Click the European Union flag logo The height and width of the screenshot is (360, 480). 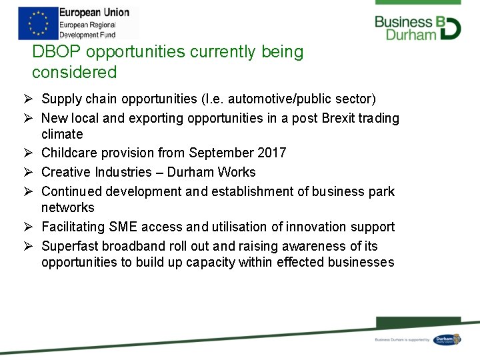pyautogui.click(x=37, y=23)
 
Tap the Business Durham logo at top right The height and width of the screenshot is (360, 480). pyautogui.click(x=417, y=27)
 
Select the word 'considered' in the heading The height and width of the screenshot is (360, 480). pyautogui.click(x=74, y=73)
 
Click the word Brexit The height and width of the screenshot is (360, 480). pyautogui.click(x=341, y=119)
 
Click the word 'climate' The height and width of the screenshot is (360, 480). pyautogui.click(x=62, y=135)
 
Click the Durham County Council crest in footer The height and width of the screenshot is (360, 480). pyautogui.click(x=447, y=339)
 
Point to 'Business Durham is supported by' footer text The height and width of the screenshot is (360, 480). pyautogui.click(x=402, y=340)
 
